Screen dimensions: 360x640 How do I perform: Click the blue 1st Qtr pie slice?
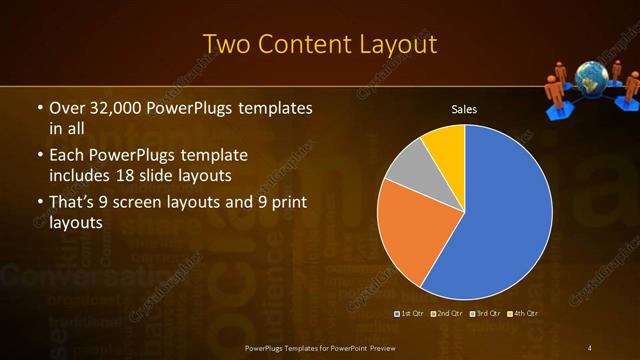point(500,220)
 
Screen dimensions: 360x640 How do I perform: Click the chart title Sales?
point(464,108)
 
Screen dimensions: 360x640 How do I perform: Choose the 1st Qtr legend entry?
point(411,314)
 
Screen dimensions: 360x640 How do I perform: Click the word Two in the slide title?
point(226,45)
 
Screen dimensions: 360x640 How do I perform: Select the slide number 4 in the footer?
point(590,347)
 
